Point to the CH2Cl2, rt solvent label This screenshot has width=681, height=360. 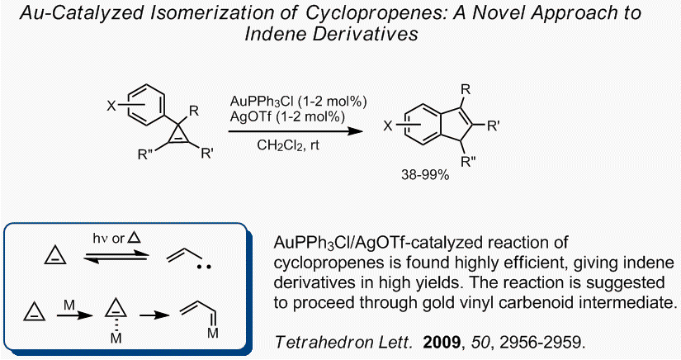coord(288,145)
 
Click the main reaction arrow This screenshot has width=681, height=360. coord(296,130)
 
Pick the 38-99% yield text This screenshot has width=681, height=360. coord(425,175)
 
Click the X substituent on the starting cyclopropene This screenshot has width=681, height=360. coord(111,106)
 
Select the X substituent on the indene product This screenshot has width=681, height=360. coord(388,126)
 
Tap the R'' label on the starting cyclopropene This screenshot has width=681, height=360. coord(144,154)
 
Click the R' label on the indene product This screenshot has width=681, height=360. coord(493,126)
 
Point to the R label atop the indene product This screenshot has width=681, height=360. coord(466,90)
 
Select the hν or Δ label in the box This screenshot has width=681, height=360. coord(117,238)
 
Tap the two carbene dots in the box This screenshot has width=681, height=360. coord(204,267)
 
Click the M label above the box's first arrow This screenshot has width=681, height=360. coord(69,306)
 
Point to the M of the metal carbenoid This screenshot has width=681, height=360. coord(213,333)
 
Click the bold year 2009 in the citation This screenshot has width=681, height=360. coord(442,342)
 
